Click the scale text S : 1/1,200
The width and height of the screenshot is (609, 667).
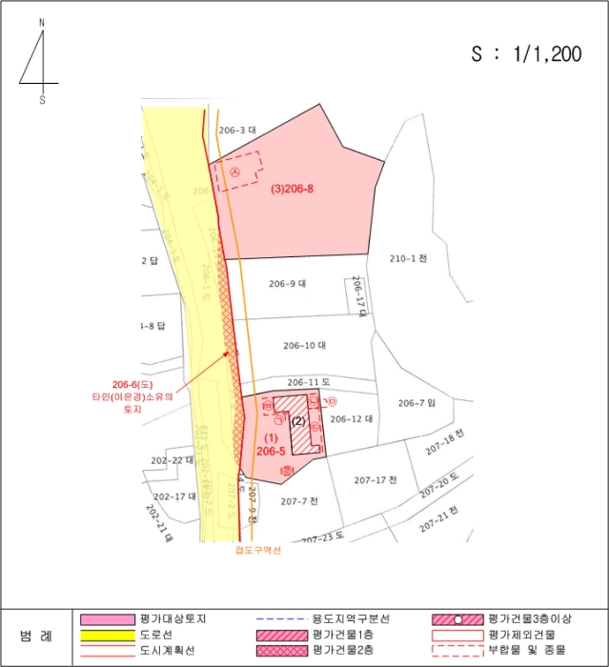tap(526, 54)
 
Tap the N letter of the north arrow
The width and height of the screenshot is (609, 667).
tap(42, 21)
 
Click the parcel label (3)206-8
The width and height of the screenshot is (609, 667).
tap(293, 189)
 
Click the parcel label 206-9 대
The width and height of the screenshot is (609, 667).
tap(287, 283)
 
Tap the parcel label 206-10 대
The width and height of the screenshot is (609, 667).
tap(305, 345)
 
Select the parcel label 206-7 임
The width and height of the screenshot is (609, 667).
tap(416, 402)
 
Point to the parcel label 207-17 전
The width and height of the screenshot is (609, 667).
tap(375, 478)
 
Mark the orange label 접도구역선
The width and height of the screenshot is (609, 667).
tap(257, 549)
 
